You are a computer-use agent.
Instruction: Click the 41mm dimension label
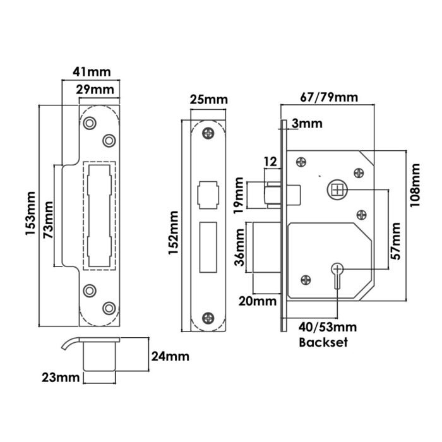pyautogui.click(x=89, y=73)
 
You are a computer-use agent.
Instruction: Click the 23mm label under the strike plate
pyautogui.click(x=60, y=378)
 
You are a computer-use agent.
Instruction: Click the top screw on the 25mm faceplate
pyautogui.click(x=208, y=134)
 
